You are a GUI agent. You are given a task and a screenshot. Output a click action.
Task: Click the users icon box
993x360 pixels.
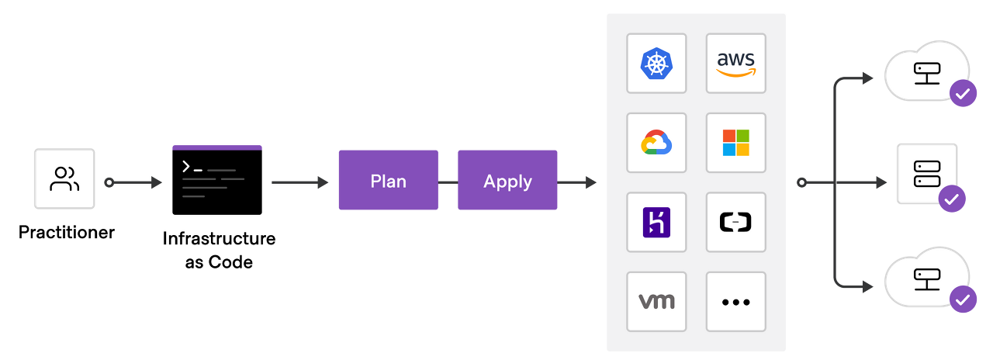coord(64,178)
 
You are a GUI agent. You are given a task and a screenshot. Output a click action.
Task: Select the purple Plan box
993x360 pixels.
coord(388,181)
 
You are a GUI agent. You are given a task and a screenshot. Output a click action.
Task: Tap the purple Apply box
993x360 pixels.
coord(507,181)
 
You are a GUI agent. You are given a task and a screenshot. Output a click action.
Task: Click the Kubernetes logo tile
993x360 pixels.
coord(656,63)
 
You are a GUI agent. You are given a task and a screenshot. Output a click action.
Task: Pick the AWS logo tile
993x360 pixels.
coord(735,63)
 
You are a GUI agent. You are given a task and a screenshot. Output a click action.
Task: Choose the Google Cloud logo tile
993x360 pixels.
coord(656,143)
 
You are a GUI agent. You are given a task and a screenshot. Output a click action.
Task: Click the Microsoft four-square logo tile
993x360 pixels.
coord(735,143)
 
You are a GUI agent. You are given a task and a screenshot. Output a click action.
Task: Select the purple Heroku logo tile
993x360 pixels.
coord(656,222)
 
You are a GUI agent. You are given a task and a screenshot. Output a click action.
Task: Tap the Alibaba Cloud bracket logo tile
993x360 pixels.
coord(735,222)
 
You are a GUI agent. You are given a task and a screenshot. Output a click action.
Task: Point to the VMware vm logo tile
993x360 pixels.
coord(656,301)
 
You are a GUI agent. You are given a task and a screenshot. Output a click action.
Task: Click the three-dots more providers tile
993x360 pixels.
coord(735,301)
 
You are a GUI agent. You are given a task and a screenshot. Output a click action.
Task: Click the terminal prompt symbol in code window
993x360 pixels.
coord(187,167)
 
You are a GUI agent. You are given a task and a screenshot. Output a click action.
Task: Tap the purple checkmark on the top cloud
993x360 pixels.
coord(963,94)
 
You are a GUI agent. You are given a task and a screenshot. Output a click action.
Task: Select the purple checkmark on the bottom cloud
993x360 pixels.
coord(963,299)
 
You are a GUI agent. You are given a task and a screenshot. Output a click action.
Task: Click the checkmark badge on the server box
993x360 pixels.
coord(952,199)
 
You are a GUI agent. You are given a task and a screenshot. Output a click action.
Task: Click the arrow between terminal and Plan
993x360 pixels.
coord(299,183)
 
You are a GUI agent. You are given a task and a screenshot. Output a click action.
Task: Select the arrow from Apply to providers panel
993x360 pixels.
coord(577,183)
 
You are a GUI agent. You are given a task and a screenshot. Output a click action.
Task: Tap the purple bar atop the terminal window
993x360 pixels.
coord(216,147)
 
